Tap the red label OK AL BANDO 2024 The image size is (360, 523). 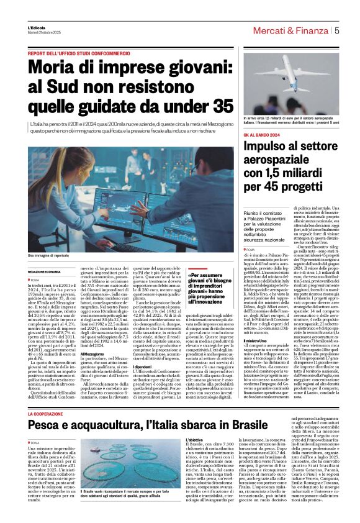(261, 134)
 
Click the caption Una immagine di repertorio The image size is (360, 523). (48, 255)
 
